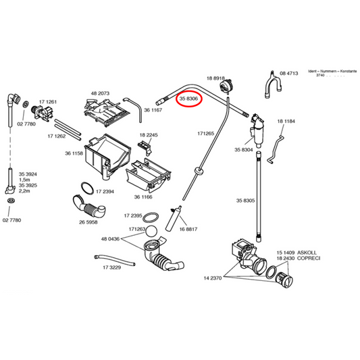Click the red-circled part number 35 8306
tap(188, 99)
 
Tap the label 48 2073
tap(100, 93)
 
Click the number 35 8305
tap(245, 201)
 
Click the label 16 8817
tap(188, 229)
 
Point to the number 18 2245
tap(148, 135)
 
